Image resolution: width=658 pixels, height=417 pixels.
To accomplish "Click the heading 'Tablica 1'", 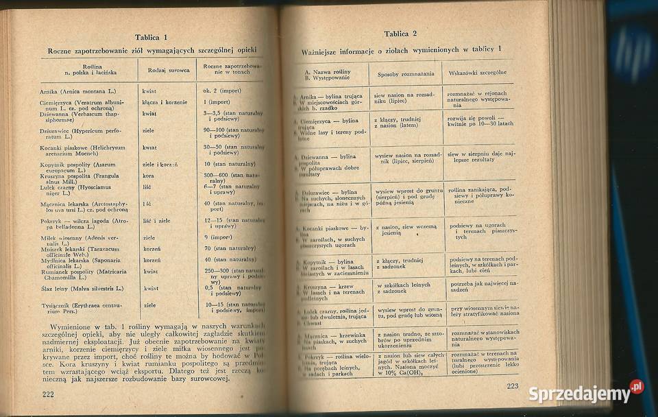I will (x=151, y=37).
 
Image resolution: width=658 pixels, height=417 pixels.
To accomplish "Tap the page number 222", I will (x=48, y=393).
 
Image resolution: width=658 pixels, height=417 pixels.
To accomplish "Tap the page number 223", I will (x=513, y=387).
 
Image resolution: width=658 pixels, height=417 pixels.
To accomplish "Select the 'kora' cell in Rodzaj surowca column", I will (x=149, y=176).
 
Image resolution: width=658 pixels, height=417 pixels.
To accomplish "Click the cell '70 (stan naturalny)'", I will (x=230, y=248).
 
